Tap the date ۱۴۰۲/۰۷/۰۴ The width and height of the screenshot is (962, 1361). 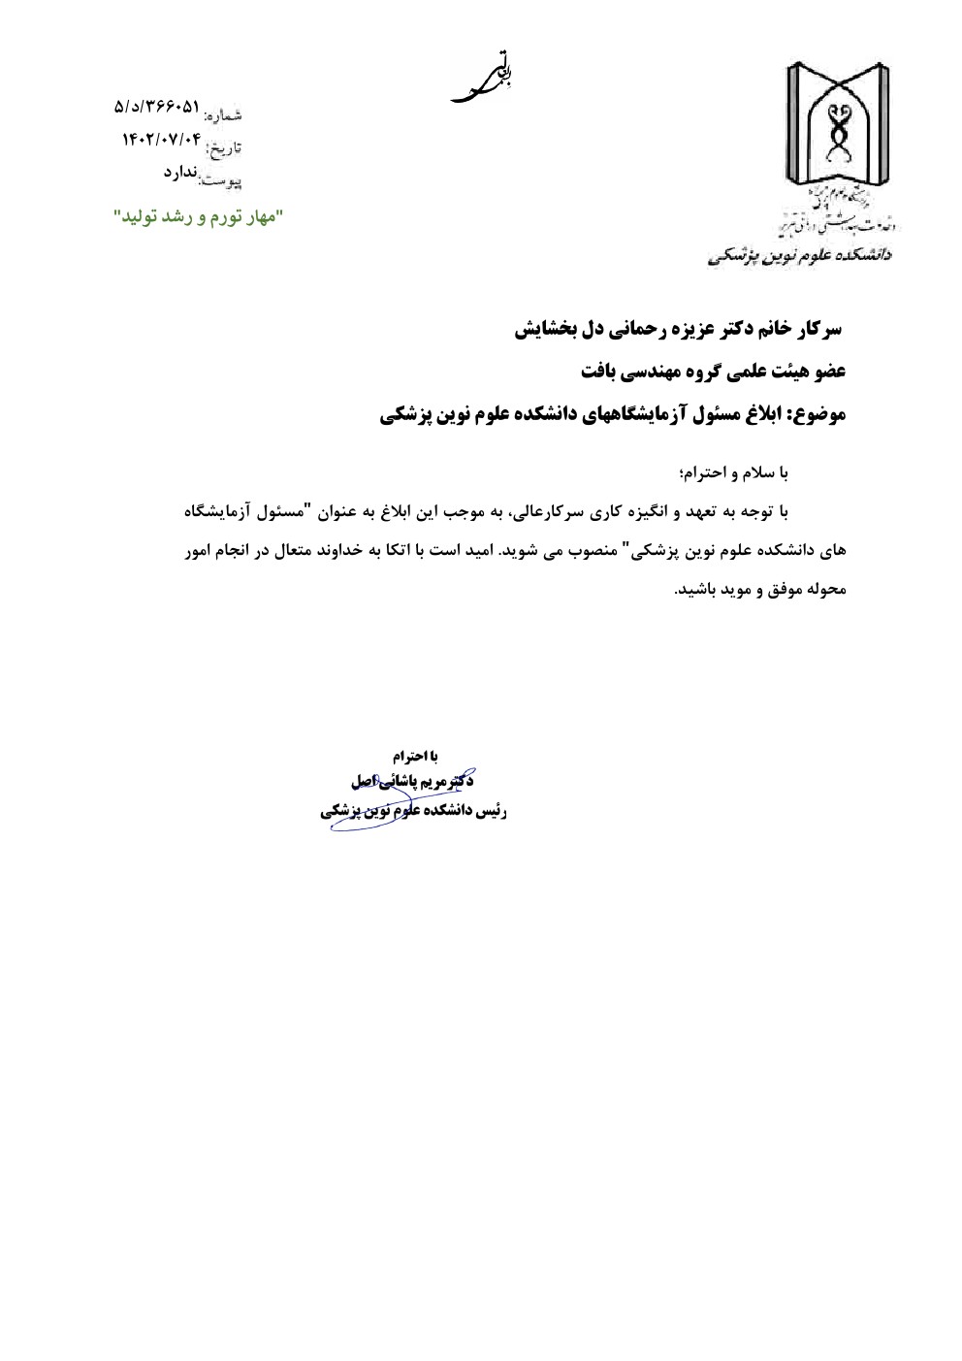click(161, 140)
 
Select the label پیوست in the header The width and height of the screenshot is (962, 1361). click(220, 180)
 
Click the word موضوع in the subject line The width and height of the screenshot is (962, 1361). click(819, 415)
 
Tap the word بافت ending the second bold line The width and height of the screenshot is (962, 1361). click(599, 372)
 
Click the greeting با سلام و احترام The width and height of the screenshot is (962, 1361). click(734, 473)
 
